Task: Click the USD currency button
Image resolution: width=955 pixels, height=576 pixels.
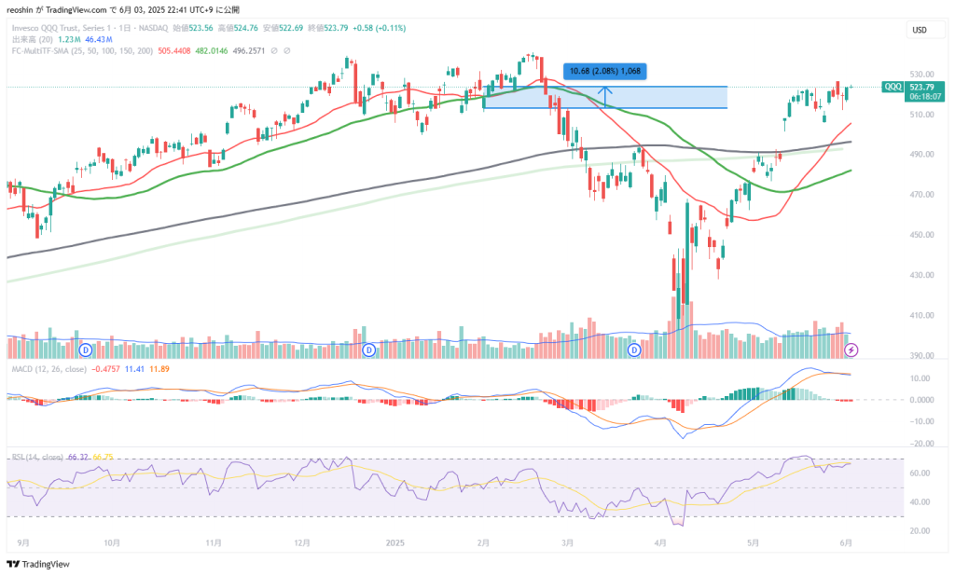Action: point(920,31)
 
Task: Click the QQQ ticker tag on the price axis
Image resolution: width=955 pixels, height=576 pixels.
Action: point(892,87)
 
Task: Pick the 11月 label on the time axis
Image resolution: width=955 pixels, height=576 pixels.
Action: point(215,542)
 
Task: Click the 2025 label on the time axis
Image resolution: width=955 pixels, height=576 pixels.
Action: point(395,542)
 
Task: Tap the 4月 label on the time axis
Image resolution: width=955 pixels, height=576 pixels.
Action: point(661,542)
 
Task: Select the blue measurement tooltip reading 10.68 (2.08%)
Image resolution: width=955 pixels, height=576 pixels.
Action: point(605,71)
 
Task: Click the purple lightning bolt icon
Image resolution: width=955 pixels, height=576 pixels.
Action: point(851,350)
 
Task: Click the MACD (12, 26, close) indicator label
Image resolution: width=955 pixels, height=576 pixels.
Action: point(48,369)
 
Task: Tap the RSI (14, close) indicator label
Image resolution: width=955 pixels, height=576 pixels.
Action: point(36,457)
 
